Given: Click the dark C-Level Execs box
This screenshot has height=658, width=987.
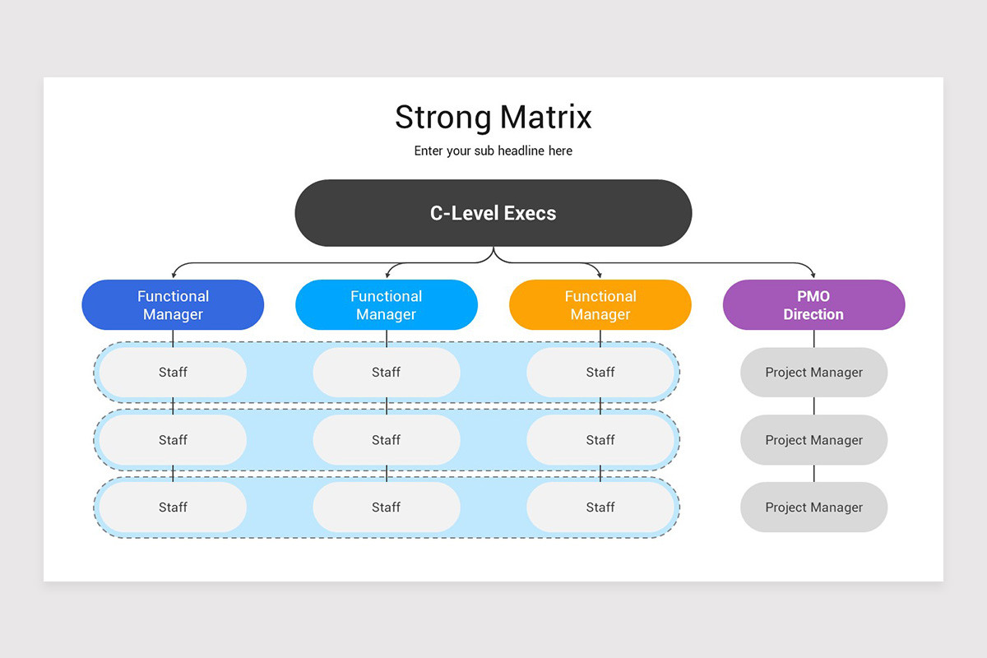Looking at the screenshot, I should pyautogui.click(x=493, y=213).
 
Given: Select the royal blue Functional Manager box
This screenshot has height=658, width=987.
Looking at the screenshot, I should pyautogui.click(x=173, y=305).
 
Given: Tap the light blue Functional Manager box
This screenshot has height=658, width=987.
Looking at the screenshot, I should pyautogui.click(x=387, y=305).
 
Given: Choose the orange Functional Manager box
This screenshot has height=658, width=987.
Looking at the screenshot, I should pyautogui.click(x=600, y=305).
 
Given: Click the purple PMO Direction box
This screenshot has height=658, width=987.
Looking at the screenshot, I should pyautogui.click(x=813, y=305).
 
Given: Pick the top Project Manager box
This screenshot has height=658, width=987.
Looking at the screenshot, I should pyautogui.click(x=813, y=373).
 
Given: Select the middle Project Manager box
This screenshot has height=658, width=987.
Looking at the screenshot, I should pyautogui.click(x=813, y=440).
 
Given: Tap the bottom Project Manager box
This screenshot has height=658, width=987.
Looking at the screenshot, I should pyautogui.click(x=813, y=507).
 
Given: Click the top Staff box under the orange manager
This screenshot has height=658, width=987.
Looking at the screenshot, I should pyautogui.click(x=600, y=373).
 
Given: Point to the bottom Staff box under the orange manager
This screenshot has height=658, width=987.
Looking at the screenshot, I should pyautogui.click(x=600, y=507).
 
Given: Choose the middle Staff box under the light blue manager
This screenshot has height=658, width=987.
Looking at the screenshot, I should pyautogui.click(x=387, y=440).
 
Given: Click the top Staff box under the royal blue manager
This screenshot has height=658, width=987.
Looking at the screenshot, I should pyautogui.click(x=173, y=373).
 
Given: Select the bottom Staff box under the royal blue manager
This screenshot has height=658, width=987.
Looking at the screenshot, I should pyautogui.click(x=173, y=507).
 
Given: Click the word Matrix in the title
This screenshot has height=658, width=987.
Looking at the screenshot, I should pyautogui.click(x=546, y=118).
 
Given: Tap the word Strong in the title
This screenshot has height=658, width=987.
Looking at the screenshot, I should pyautogui.click(x=444, y=118).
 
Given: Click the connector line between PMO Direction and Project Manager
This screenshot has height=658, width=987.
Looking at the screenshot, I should pyautogui.click(x=813, y=339).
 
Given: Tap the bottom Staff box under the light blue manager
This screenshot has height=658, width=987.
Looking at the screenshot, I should pyautogui.click(x=387, y=507).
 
